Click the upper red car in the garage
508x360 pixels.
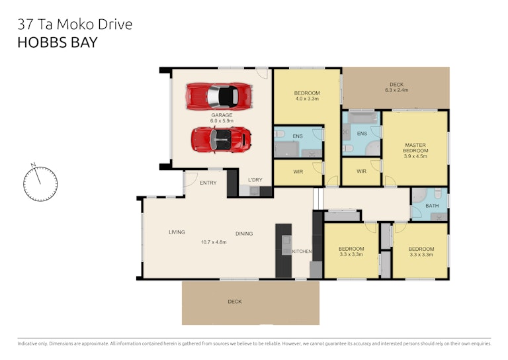[x=219, y=96]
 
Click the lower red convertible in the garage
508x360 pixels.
[x=221, y=140]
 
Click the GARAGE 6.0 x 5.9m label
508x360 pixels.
[x=222, y=118]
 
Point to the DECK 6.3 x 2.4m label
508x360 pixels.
[x=397, y=87]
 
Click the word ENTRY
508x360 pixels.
[x=208, y=183]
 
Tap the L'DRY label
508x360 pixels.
[x=255, y=180]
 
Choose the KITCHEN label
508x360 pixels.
[x=302, y=251]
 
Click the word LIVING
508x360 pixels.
[x=177, y=232]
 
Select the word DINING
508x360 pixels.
[x=244, y=234]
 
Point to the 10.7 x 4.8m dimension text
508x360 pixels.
[x=214, y=242]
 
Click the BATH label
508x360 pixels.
[x=432, y=206]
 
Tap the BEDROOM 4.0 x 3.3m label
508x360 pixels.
[x=307, y=96]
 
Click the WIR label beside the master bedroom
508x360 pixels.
[x=362, y=171]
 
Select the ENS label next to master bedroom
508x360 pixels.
[x=362, y=134]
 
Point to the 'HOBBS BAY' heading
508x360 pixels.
[x=58, y=42]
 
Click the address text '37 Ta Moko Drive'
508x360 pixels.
[x=75, y=24]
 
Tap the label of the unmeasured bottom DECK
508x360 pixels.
[x=235, y=302]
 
